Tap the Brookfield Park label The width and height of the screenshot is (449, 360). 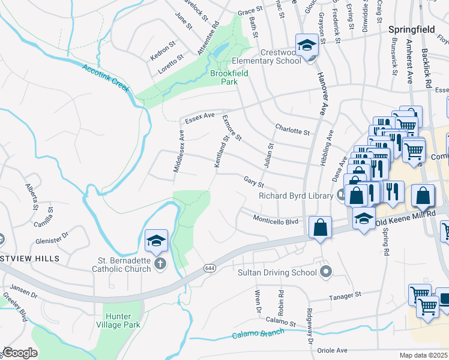(229, 79)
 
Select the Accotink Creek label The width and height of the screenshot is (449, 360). (106, 78)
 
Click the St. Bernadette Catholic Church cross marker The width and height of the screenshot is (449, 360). (160, 263)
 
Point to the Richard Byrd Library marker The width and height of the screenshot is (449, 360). (342, 195)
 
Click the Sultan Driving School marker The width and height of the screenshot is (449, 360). (325, 273)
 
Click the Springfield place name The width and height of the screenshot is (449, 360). (411, 29)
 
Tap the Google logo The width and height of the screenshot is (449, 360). (20, 352)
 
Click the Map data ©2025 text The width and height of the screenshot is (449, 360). (423, 355)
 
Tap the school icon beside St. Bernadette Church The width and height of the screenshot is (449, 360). (156, 241)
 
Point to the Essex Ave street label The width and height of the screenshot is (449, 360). (200, 118)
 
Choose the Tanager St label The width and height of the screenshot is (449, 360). (344, 295)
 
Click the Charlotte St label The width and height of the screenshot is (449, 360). (292, 128)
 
